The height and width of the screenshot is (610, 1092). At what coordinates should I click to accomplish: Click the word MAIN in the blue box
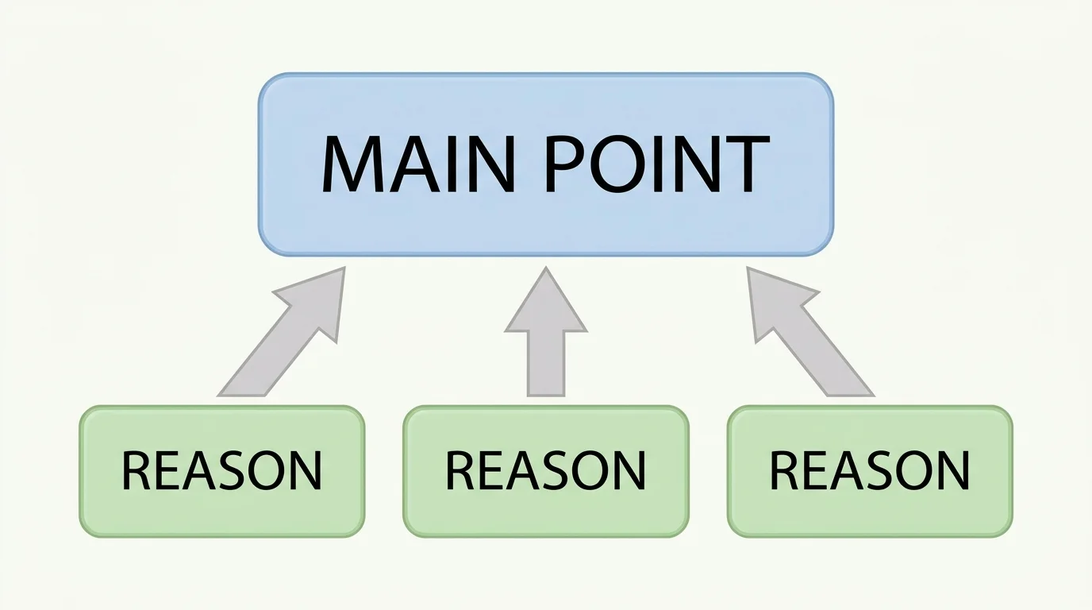pyautogui.click(x=413, y=164)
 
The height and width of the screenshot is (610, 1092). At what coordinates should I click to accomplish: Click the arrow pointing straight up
pyautogui.click(x=546, y=338)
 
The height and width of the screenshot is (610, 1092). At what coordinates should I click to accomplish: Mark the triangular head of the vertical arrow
pyautogui.click(x=546, y=306)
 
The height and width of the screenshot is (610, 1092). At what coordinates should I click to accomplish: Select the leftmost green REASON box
pyautogui.click(x=221, y=471)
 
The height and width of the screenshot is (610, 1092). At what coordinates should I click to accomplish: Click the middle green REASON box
pyautogui.click(x=546, y=471)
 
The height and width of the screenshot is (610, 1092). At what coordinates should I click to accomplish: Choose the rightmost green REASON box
pyautogui.click(x=870, y=471)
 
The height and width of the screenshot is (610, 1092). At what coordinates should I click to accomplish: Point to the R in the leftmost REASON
pyautogui.click(x=136, y=470)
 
